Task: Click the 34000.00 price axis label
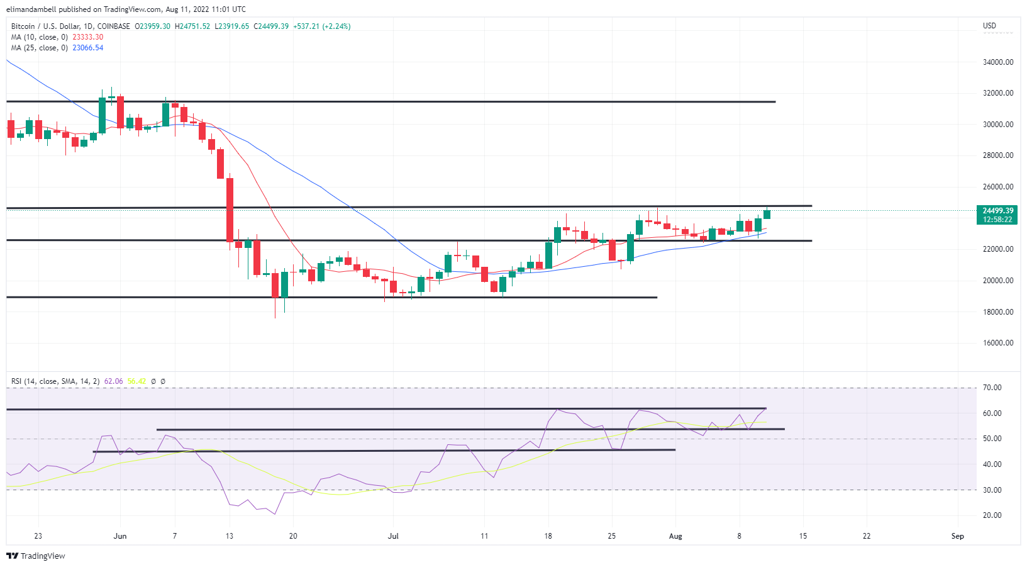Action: click(x=998, y=62)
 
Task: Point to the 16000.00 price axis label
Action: click(x=998, y=343)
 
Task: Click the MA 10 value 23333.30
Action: click(x=87, y=37)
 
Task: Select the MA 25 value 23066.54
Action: click(x=87, y=48)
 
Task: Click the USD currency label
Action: click(x=989, y=26)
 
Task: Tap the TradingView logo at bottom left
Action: click(x=36, y=556)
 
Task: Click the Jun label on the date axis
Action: click(x=120, y=536)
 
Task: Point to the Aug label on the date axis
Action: click(x=675, y=536)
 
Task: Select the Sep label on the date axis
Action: click(x=957, y=536)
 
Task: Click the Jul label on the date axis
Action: click(x=393, y=536)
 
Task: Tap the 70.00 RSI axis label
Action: click(x=992, y=388)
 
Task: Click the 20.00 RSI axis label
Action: click(x=992, y=515)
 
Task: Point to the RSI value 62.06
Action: click(x=113, y=381)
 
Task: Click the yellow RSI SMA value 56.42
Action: click(x=136, y=381)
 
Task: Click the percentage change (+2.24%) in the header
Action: click(x=336, y=26)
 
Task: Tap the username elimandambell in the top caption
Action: click(x=31, y=9)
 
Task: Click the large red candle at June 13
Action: click(x=230, y=210)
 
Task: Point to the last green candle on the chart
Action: click(x=767, y=214)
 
